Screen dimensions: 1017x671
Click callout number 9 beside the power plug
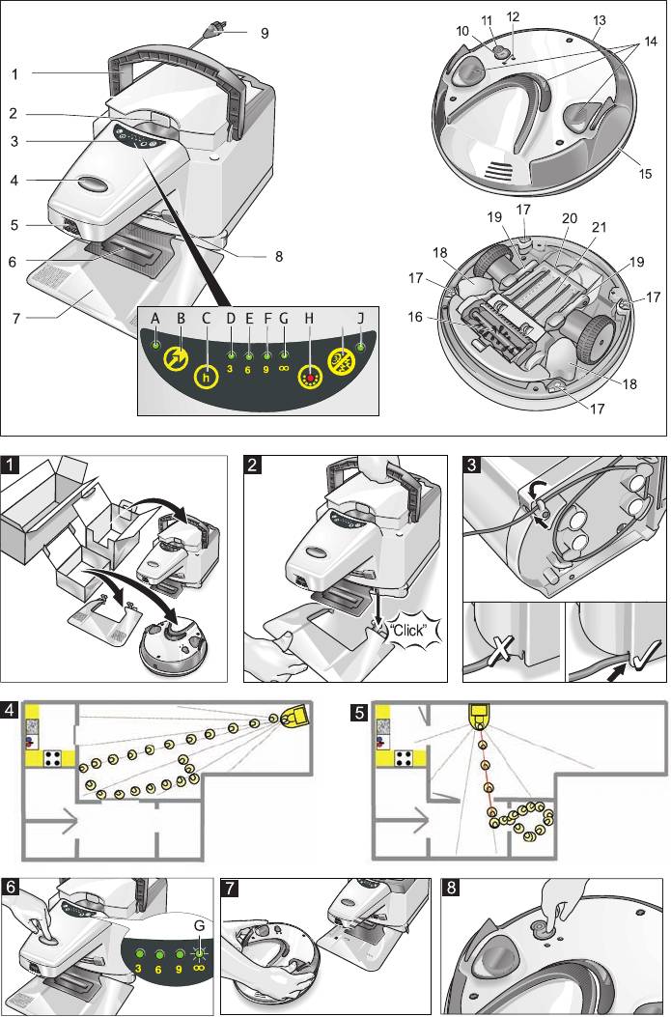pos(264,32)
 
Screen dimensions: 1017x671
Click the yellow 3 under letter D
pos(231,367)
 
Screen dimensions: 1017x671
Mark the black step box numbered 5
pos(359,712)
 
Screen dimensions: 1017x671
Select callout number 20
pos(569,219)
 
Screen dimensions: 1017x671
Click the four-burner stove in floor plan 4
pos(55,755)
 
